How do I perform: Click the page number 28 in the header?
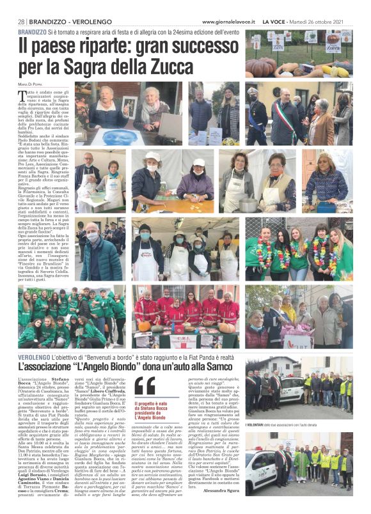(20, 21)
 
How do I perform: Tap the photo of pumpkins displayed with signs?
(298, 54)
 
